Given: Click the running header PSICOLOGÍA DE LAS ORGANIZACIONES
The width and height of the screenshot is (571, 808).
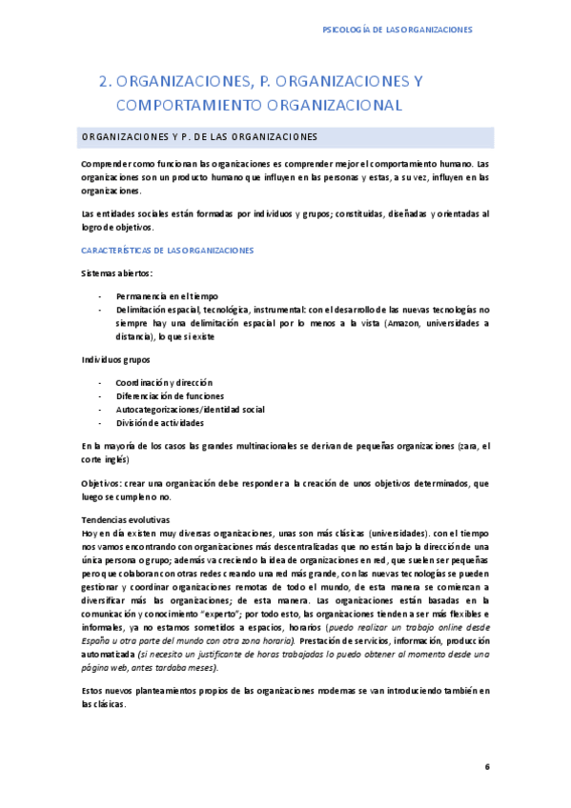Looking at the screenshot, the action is click(x=398, y=30).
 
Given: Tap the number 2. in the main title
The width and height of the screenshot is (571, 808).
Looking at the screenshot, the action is click(x=105, y=82).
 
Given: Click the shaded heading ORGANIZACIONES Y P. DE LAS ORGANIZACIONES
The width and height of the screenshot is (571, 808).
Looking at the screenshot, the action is click(x=199, y=136).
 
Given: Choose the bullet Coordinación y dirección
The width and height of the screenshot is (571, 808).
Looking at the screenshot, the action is click(x=164, y=382).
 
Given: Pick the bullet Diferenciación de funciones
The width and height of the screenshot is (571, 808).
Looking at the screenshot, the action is click(x=170, y=395).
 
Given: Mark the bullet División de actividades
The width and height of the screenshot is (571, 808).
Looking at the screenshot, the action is click(x=159, y=422).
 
